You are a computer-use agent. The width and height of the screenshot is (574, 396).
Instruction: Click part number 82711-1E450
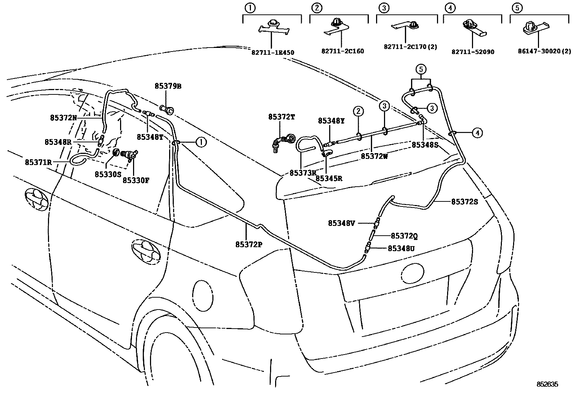tap(273, 53)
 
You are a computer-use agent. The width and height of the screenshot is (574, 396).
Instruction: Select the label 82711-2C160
tap(343, 51)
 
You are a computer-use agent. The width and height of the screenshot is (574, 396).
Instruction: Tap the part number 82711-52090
tap(473, 52)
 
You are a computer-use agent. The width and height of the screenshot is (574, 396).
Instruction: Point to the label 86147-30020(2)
tap(544, 51)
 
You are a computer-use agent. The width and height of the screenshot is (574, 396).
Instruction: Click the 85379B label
tap(168, 86)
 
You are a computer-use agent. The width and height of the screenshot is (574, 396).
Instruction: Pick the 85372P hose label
tap(248, 244)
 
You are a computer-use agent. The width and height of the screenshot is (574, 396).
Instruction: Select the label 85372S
tap(464, 202)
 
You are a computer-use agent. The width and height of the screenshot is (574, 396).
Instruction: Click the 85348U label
tap(401, 248)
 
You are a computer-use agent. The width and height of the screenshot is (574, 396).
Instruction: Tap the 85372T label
tap(281, 117)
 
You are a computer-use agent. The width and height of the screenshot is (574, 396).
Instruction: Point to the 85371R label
tap(38, 162)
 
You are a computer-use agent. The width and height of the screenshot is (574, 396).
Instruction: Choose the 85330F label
tap(136, 180)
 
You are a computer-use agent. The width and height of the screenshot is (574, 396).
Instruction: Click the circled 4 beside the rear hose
tap(477, 133)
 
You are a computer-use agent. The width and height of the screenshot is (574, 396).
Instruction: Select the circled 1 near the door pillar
tap(201, 142)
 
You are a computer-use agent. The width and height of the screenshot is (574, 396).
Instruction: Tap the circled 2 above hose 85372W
tap(358, 111)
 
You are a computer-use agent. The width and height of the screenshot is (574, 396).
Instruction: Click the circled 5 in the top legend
tap(517, 8)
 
